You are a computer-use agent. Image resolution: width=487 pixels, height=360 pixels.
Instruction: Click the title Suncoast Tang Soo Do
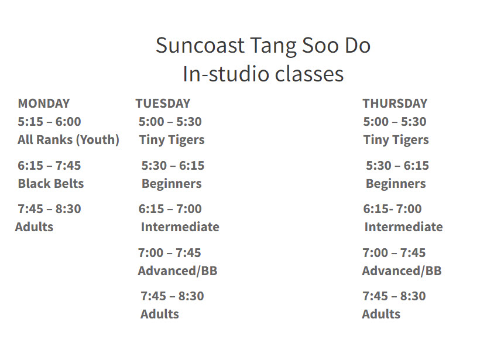tap(263, 46)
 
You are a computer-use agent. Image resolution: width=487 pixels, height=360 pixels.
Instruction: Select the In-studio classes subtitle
tap(263, 74)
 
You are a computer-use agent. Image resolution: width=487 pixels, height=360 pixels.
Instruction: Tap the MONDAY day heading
tap(43, 104)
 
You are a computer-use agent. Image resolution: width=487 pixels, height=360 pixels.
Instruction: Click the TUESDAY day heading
tap(163, 104)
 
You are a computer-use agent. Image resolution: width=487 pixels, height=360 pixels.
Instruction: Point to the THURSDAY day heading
tap(395, 104)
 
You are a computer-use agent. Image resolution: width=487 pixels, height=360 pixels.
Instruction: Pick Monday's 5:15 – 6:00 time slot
tap(49, 122)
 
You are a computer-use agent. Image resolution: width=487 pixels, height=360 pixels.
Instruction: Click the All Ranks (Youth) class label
tap(68, 140)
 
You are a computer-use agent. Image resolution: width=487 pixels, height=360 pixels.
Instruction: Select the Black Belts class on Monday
tap(50, 183)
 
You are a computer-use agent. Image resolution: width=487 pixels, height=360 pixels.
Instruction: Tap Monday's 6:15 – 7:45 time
tap(49, 166)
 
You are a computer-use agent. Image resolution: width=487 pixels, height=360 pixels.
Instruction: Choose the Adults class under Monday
tap(34, 227)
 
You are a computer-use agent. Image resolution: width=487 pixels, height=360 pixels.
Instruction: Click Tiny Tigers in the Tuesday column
tap(172, 140)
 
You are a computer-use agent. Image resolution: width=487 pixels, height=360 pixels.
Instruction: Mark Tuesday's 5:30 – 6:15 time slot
tap(173, 166)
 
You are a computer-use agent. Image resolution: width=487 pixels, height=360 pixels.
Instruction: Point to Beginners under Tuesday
tap(171, 183)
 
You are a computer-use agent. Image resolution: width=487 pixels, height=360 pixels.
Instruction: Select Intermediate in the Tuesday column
tap(180, 227)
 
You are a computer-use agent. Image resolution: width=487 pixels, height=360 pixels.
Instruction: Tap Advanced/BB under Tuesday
tap(177, 270)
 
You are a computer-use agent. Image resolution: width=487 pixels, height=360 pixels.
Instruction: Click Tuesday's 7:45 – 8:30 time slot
tap(172, 296)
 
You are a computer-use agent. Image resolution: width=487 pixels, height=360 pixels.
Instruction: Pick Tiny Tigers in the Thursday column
tap(396, 140)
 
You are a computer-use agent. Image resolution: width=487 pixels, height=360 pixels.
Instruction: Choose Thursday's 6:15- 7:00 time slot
tap(392, 209)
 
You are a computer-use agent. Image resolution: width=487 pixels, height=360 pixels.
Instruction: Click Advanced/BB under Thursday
tap(402, 270)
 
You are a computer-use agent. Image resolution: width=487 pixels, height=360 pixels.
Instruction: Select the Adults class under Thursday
tap(381, 314)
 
